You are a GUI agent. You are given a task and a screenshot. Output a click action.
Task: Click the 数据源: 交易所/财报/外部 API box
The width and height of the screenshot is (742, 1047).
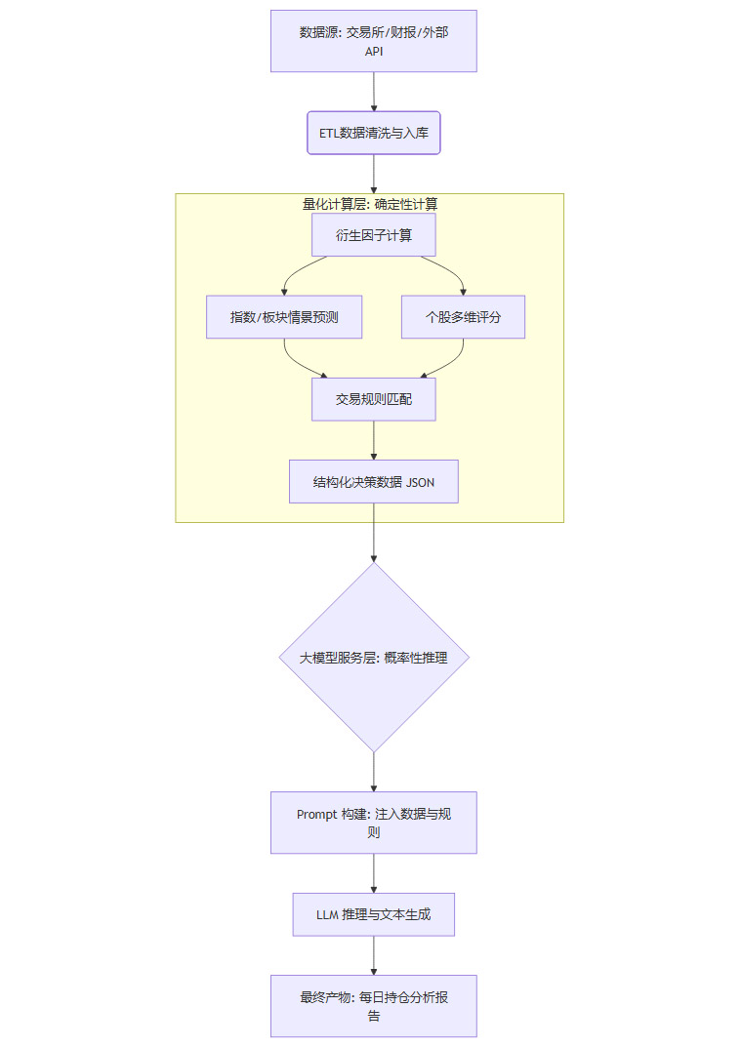tap(373, 41)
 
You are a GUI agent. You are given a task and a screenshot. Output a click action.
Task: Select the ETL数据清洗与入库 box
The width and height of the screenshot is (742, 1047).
tap(373, 133)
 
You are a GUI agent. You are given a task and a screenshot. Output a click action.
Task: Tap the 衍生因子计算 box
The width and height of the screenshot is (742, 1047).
tap(373, 235)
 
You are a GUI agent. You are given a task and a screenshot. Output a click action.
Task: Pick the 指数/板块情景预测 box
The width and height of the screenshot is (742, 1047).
tap(284, 317)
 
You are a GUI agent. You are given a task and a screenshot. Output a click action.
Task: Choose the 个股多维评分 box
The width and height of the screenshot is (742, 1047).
tap(463, 317)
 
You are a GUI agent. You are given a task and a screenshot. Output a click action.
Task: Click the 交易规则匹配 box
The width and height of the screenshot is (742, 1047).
tap(373, 399)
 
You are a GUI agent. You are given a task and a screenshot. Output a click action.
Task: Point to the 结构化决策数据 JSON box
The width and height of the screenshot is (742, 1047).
tap(373, 482)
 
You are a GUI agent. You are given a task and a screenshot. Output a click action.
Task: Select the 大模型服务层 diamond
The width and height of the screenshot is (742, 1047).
tap(373, 657)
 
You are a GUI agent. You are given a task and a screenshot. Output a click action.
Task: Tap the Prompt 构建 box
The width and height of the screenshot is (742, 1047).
tap(373, 823)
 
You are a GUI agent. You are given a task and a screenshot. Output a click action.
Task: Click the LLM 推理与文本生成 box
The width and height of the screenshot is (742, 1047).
tap(373, 915)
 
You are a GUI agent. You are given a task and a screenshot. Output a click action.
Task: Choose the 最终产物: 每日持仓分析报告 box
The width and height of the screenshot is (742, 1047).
tap(373, 1005)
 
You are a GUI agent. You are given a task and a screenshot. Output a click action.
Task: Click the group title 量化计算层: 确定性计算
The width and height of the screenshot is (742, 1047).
tap(370, 204)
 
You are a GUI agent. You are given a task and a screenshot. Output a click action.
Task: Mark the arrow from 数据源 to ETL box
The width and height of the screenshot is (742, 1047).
tap(373, 92)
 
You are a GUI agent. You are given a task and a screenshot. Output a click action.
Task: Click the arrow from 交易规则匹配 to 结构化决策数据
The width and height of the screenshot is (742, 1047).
tap(373, 440)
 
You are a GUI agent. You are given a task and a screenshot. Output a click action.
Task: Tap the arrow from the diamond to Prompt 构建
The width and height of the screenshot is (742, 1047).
tap(373, 771)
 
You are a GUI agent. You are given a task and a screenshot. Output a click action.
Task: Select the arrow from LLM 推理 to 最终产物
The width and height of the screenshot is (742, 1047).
tap(373, 955)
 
